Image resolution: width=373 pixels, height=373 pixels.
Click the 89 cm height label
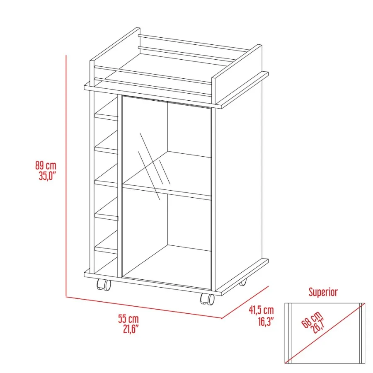(x=45, y=166)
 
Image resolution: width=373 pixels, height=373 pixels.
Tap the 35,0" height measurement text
(x=47, y=175)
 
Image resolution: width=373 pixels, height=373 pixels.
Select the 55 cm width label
(x=128, y=320)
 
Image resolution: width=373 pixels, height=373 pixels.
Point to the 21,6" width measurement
(x=130, y=329)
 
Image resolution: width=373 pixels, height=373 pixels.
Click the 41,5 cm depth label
(x=261, y=310)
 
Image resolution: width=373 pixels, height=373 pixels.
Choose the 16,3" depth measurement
(x=264, y=320)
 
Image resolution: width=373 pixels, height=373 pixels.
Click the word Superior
(x=323, y=292)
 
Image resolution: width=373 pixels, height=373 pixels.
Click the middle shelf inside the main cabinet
(x=166, y=189)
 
